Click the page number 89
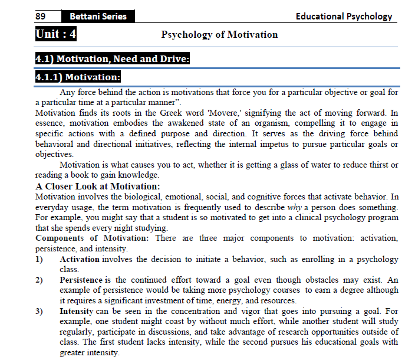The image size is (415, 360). [x=41, y=17]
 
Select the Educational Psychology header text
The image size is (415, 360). [x=344, y=17]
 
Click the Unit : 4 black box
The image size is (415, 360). [x=56, y=34]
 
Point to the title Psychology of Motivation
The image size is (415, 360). [x=219, y=34]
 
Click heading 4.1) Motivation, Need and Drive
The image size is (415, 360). [x=112, y=59]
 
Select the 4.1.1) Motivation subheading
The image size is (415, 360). [x=78, y=77]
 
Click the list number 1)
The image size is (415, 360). [x=39, y=259]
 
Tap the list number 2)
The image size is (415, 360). [x=39, y=280]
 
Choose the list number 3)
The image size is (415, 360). [x=39, y=310]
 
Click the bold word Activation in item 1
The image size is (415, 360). [x=80, y=259]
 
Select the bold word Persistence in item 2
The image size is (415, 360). [x=81, y=280]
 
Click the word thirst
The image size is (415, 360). [x=377, y=165]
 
